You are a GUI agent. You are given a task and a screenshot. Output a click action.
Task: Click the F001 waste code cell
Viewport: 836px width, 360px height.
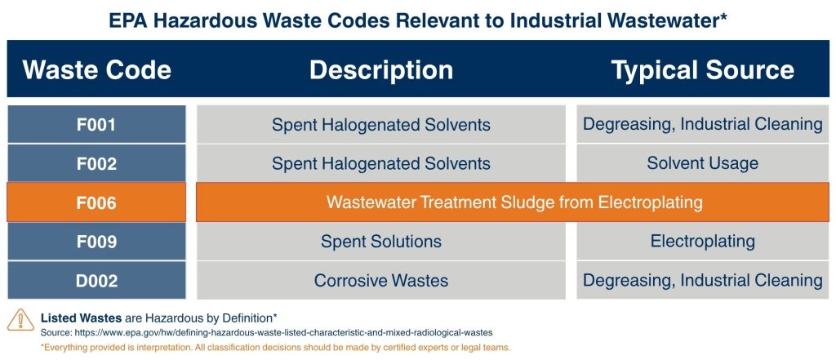[x=96, y=125]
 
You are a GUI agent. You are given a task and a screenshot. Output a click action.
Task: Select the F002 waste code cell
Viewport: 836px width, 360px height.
[x=96, y=163]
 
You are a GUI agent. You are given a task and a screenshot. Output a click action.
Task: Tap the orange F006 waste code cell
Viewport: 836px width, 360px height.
[x=96, y=202]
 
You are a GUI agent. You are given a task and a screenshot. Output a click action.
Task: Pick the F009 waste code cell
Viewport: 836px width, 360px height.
[x=96, y=242]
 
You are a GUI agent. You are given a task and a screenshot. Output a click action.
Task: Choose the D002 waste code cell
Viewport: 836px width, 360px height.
[x=96, y=281]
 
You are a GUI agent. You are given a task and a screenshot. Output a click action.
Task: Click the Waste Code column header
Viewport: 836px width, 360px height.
[x=96, y=69]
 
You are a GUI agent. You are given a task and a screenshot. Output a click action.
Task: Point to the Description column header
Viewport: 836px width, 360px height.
[x=380, y=69]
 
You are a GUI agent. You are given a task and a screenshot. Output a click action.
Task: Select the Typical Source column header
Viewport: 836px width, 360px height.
[x=702, y=69]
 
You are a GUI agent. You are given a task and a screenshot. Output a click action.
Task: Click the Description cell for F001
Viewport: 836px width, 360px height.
[x=380, y=125]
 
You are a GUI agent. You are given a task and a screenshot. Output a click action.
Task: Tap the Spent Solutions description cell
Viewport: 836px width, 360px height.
[x=380, y=242]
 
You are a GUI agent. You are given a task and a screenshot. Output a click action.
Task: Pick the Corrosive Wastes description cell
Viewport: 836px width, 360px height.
[x=380, y=281]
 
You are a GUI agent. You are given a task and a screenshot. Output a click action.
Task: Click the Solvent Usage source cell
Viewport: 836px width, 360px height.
[x=702, y=163]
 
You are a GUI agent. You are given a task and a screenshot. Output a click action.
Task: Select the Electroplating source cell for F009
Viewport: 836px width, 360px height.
[x=702, y=242]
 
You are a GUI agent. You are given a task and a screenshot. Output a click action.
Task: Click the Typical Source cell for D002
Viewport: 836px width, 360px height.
[x=702, y=281]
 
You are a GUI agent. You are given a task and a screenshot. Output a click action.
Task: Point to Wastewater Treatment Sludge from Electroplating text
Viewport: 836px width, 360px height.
[x=514, y=202]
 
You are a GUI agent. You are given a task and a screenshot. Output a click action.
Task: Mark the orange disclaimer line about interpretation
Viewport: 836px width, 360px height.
[x=275, y=347]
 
